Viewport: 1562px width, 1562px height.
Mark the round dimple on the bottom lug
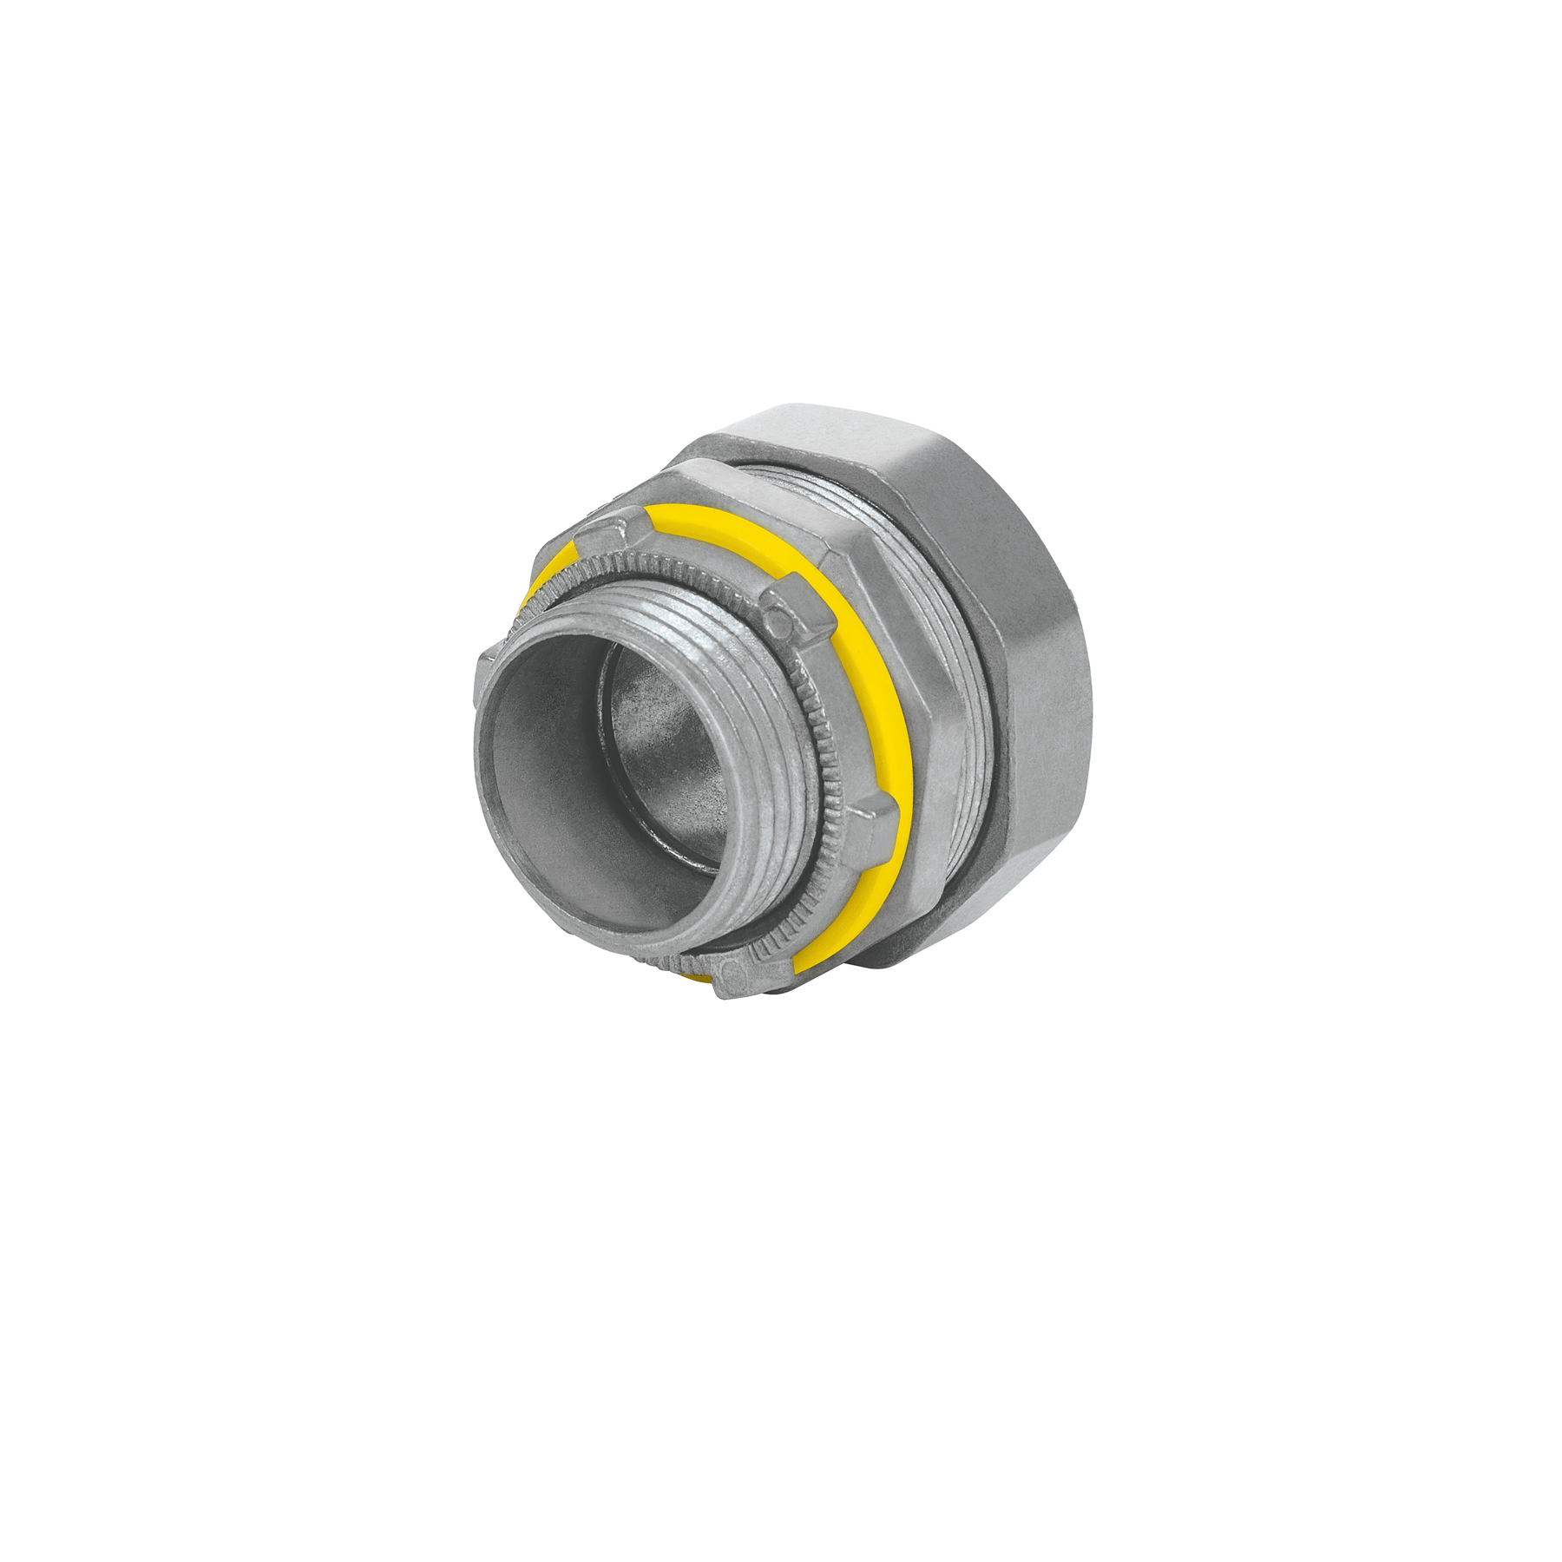pyautogui.click(x=732, y=972)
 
